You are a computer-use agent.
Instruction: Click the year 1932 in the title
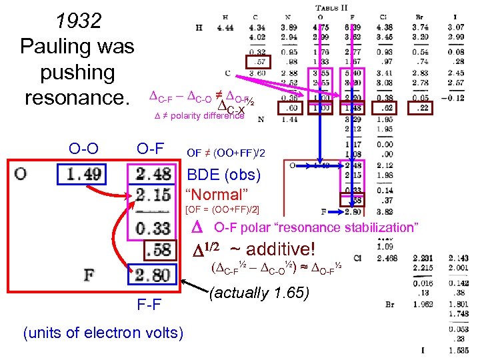(x=79, y=21)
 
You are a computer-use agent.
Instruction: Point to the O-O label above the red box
(x=83, y=147)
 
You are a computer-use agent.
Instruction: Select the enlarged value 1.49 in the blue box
(x=83, y=175)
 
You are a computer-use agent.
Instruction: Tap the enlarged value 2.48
(x=153, y=175)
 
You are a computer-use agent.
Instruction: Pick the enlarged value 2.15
(x=153, y=195)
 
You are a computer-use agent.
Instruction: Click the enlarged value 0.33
(x=153, y=228)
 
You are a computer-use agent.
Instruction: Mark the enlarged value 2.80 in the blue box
(x=153, y=274)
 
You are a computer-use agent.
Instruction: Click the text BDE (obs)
(x=225, y=176)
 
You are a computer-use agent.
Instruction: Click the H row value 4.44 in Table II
(x=225, y=27)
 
